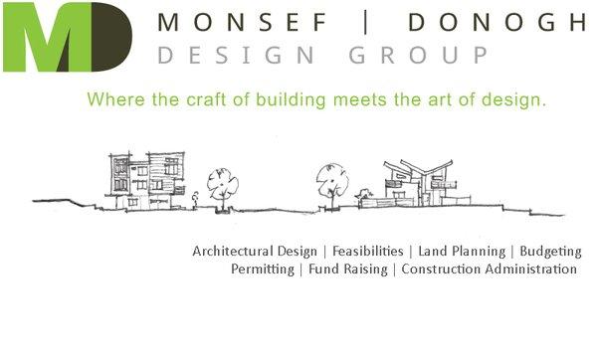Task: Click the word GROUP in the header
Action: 437,55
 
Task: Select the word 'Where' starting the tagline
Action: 111,99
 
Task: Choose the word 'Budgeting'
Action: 549,252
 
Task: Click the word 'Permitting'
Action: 263,270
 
